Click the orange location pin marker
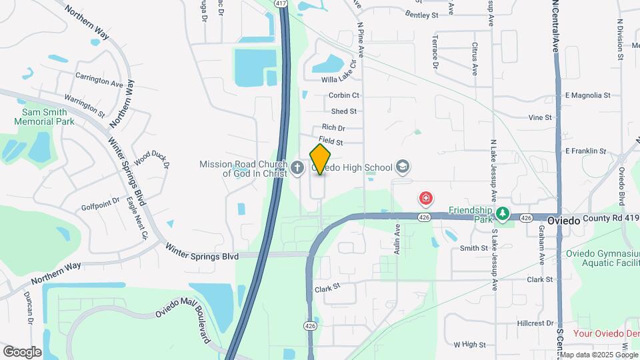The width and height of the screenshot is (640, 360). (x=321, y=159)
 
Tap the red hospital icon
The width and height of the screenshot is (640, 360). (x=425, y=199)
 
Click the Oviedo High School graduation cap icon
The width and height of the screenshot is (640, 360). (x=402, y=165)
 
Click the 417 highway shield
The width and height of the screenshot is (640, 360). (x=281, y=4)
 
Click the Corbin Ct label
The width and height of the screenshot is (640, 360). (x=344, y=95)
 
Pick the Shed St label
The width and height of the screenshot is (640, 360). (x=343, y=111)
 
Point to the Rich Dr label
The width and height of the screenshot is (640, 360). (x=333, y=127)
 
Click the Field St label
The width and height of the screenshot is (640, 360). (x=331, y=141)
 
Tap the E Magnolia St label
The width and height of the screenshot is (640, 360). (x=587, y=95)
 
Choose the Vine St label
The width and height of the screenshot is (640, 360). (x=540, y=117)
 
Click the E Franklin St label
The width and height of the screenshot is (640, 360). (x=585, y=151)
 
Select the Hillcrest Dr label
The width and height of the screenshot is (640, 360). (x=535, y=323)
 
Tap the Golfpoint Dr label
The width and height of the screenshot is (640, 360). (x=101, y=199)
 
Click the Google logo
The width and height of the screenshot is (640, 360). (x=22, y=351)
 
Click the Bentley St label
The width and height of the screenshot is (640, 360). (x=421, y=14)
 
